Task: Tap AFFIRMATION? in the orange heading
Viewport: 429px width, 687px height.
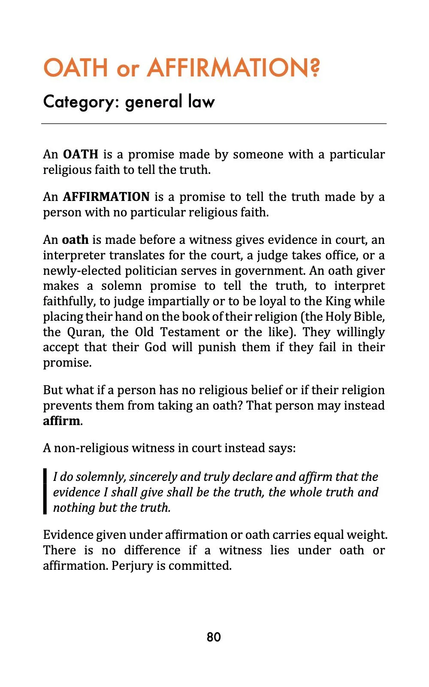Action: [x=234, y=68]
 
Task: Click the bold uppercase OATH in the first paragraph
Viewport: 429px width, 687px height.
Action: [x=81, y=154]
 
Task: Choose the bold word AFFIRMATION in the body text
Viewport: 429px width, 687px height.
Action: [x=106, y=197]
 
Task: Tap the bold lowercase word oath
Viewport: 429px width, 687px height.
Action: [x=75, y=240]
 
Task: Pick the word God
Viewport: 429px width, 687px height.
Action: [x=155, y=347]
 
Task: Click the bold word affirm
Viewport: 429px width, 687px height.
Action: [x=61, y=421]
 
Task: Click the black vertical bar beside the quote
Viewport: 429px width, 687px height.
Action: [x=45, y=492]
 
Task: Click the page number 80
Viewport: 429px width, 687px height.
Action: [x=214, y=637]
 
